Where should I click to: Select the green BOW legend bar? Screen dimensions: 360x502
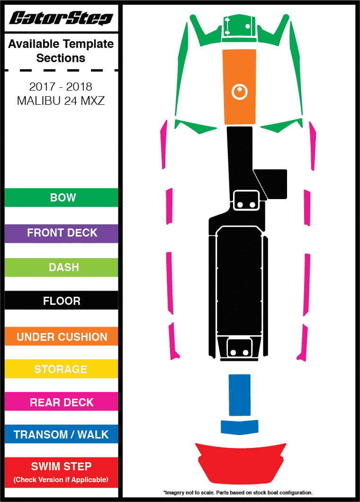click(x=61, y=198)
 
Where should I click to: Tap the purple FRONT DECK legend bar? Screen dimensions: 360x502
click(x=61, y=233)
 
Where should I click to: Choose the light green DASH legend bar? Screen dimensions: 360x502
click(x=61, y=267)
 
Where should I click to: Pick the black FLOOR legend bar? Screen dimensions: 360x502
click(x=61, y=301)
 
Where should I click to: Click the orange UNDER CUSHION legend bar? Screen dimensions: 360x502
click(x=61, y=337)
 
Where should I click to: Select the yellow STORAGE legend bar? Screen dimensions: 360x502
click(x=61, y=369)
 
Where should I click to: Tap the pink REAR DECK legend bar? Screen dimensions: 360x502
click(x=61, y=402)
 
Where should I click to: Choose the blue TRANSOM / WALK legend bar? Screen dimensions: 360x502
click(x=61, y=435)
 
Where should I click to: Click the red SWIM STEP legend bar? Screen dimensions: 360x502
click(x=61, y=472)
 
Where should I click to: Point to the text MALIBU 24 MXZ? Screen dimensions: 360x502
click(x=61, y=101)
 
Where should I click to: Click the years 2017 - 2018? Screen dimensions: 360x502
click(x=61, y=87)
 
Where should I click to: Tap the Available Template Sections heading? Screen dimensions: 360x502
click(x=61, y=51)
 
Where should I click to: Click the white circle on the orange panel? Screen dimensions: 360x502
click(x=240, y=91)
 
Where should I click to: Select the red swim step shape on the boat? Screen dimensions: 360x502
click(x=241, y=462)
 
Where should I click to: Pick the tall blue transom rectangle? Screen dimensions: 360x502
click(x=239, y=394)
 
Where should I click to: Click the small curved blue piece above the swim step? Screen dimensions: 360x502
click(x=240, y=427)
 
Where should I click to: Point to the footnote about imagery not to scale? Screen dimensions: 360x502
click(x=238, y=493)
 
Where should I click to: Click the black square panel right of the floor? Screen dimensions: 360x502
click(x=274, y=184)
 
